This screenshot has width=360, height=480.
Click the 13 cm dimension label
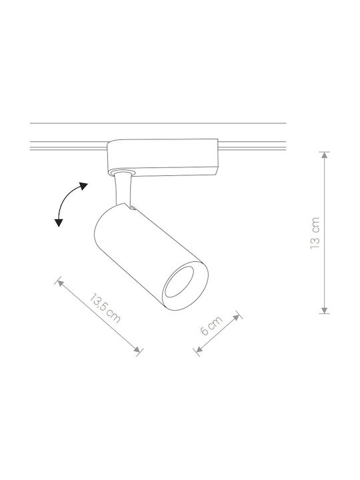(x=315, y=233)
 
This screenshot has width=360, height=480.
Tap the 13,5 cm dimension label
(x=105, y=308)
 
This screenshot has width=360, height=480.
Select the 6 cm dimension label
(x=211, y=325)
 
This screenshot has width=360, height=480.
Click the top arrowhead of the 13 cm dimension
(x=325, y=155)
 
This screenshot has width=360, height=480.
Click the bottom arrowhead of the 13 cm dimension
(x=325, y=311)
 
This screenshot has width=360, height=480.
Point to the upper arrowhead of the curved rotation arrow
(x=83, y=186)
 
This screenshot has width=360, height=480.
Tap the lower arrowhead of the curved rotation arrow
(x=59, y=223)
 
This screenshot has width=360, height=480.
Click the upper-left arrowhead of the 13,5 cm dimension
(x=60, y=283)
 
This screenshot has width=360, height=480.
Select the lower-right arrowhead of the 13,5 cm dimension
(x=137, y=349)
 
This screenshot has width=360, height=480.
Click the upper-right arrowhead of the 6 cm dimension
(x=236, y=317)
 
